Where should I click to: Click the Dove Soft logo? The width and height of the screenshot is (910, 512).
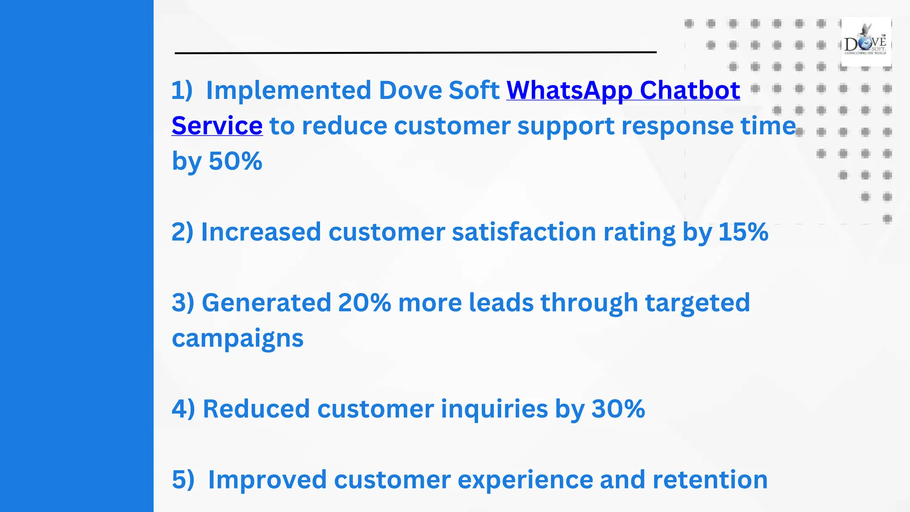pyautogui.click(x=866, y=42)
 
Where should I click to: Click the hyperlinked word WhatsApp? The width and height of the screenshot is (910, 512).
pyautogui.click(x=569, y=91)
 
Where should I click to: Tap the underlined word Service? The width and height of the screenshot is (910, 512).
pyautogui.click(x=217, y=126)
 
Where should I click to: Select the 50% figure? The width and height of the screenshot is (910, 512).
pyautogui.click(x=235, y=161)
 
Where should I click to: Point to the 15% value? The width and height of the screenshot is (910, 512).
pyautogui.click(x=743, y=232)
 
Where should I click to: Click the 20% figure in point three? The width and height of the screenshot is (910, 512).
pyautogui.click(x=364, y=303)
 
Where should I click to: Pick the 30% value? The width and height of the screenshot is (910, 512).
pyautogui.click(x=618, y=409)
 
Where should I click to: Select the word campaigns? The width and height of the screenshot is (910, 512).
pyautogui.click(x=238, y=339)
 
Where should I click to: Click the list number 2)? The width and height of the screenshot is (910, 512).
pyautogui.click(x=183, y=232)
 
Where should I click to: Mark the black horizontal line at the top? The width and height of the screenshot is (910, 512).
pyautogui.click(x=415, y=52)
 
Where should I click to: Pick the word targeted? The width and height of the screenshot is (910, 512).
pyautogui.click(x=697, y=303)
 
